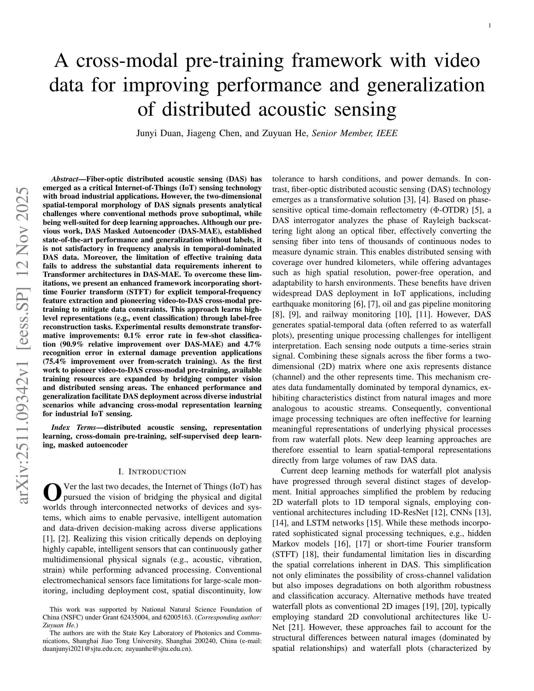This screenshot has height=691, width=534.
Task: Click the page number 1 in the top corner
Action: [x=490, y=26]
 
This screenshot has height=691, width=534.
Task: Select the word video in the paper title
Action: [x=456, y=61]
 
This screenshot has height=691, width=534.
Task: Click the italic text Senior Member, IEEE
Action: [x=354, y=133]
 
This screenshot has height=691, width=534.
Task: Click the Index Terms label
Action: [x=73, y=428]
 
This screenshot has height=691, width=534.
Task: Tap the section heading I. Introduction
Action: [x=152, y=472]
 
